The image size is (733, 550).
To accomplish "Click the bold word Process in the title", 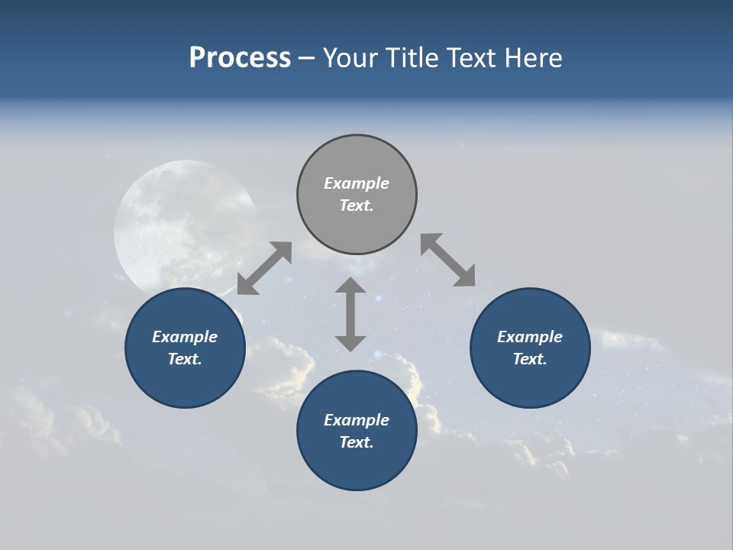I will point(240,58).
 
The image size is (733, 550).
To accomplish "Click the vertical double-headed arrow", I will point(350,314).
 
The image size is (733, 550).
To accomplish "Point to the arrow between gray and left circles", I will point(264,268).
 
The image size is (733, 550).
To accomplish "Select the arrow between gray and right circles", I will point(448,260).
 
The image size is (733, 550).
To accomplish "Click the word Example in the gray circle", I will point(357,183).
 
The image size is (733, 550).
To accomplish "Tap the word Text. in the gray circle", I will point(357,205).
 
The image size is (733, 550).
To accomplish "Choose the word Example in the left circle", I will point(185,337).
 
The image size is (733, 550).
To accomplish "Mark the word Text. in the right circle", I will point(530,359).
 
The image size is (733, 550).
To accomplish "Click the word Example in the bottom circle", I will point(357,420).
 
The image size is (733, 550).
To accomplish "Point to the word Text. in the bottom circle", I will point(357,442).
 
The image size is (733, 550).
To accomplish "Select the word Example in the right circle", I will point(530,337).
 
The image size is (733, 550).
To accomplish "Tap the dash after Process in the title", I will point(307,58).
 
